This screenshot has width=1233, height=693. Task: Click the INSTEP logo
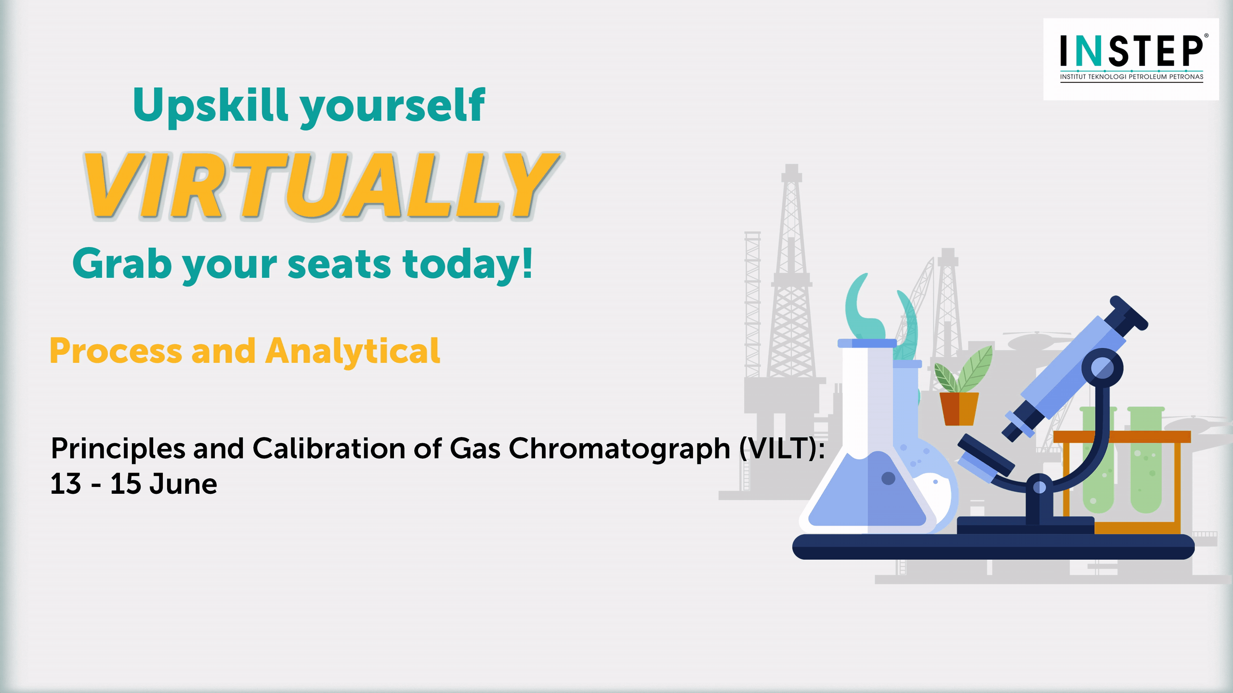click(x=1131, y=59)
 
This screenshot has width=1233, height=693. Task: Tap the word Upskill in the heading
click(x=210, y=106)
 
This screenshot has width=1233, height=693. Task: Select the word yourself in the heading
click(x=393, y=107)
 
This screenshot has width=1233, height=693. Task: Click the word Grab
click(x=122, y=264)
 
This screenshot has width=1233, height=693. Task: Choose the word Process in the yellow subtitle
click(x=116, y=351)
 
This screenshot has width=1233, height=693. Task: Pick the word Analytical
click(x=353, y=352)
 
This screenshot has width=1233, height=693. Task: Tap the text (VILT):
click(x=782, y=449)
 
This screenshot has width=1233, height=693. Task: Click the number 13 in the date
click(x=66, y=484)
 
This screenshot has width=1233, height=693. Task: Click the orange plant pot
click(x=959, y=409)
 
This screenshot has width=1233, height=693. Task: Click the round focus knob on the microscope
click(x=1102, y=369)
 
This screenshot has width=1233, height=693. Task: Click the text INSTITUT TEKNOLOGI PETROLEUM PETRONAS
click(x=1131, y=77)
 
